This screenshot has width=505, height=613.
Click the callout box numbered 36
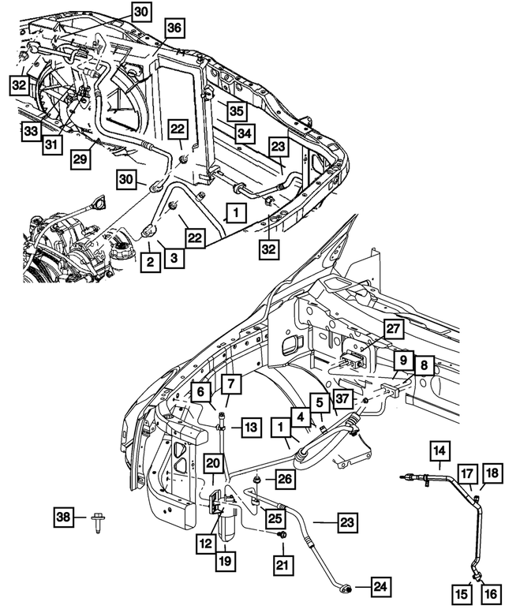[x=174, y=28]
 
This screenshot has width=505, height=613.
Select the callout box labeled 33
[x=30, y=131]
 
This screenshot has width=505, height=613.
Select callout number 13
[x=250, y=427]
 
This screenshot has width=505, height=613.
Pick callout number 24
[x=380, y=585]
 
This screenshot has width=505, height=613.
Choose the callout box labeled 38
[x=64, y=518]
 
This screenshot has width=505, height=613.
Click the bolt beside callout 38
[x=97, y=520]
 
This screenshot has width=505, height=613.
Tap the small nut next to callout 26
[x=258, y=479]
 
